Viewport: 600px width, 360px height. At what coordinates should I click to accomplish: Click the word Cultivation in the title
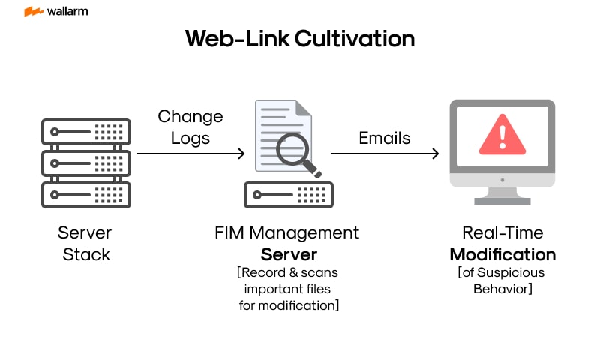click(x=354, y=39)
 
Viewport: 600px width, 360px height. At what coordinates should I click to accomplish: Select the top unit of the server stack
click(x=86, y=132)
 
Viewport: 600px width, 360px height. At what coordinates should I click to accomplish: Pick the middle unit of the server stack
click(x=86, y=163)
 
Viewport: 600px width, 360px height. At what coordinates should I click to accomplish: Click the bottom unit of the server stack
click(x=86, y=193)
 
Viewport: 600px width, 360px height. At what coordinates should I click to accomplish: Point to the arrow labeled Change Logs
click(x=190, y=154)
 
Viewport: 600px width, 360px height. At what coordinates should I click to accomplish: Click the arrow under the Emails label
click(x=384, y=154)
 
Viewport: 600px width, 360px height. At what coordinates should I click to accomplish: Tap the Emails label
click(x=385, y=138)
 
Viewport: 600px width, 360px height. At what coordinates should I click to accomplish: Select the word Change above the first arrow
click(x=190, y=117)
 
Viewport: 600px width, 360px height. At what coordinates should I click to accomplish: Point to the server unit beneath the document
click(x=289, y=194)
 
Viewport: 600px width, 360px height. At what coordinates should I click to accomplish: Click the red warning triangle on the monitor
click(x=502, y=135)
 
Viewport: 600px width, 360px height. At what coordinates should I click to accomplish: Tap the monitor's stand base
click(x=502, y=199)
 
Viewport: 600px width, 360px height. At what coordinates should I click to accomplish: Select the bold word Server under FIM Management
click(x=289, y=253)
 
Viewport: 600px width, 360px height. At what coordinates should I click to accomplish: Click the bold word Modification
click(x=502, y=253)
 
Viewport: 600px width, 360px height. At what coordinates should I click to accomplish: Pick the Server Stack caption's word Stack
click(x=85, y=253)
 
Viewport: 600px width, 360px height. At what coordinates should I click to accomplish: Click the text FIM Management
click(x=287, y=233)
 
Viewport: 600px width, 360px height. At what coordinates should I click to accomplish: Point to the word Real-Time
click(x=502, y=233)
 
